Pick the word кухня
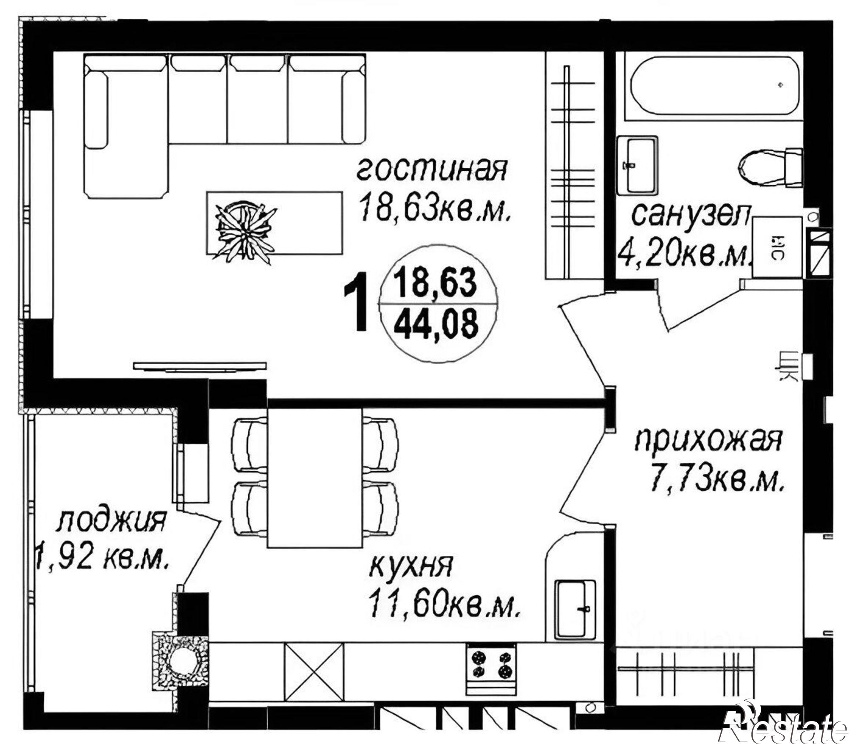tap(411, 566)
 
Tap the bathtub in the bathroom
tap(715, 86)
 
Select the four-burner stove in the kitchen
tap(491, 665)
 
